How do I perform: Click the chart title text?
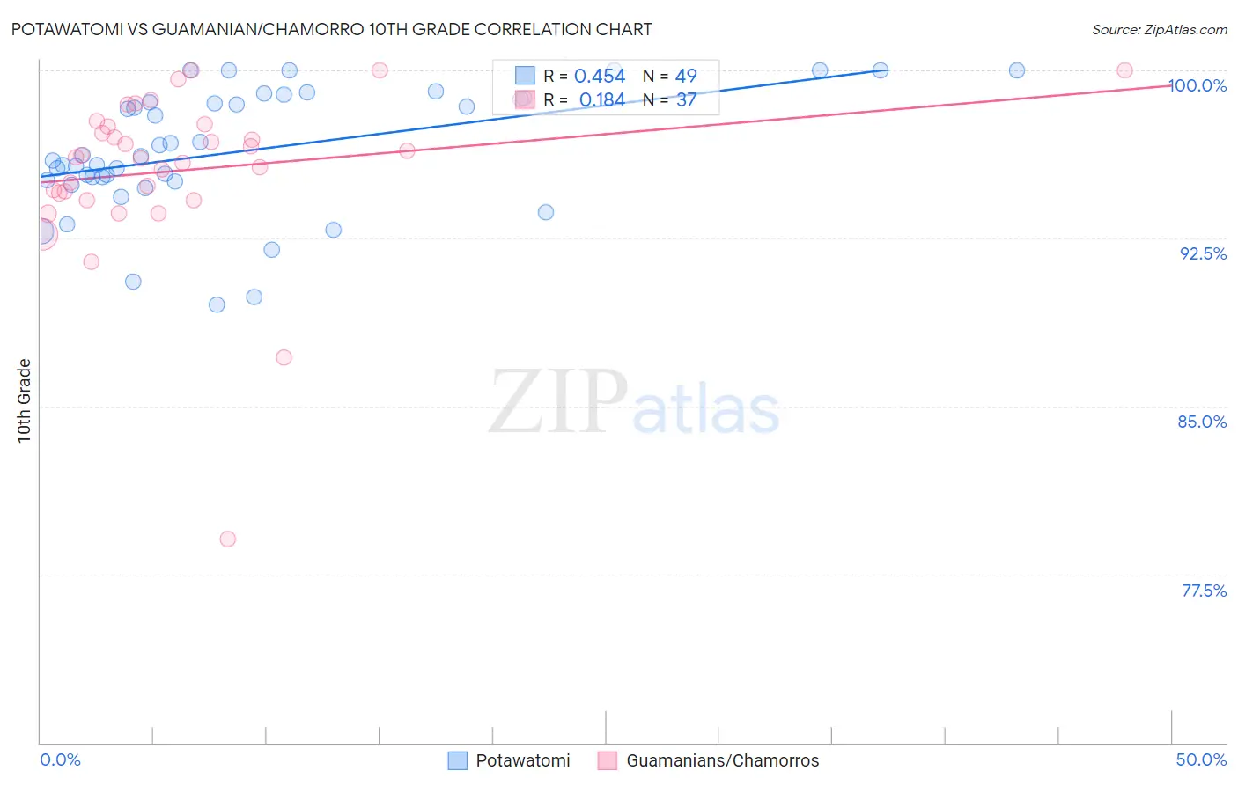331,29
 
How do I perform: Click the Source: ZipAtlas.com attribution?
1159,29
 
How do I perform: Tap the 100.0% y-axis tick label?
1197,85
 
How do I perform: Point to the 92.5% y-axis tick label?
1203,253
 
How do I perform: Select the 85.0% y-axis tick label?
1202,422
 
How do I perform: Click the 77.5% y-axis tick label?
1204,591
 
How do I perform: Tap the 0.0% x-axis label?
60,759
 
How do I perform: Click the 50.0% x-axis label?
1201,759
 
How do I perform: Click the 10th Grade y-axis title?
25,400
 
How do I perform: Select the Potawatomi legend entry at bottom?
510,760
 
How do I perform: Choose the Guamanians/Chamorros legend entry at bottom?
709,760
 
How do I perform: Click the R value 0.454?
600,77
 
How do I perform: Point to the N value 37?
686,100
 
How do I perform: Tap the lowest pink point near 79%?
228,539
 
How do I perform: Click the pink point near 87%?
284,357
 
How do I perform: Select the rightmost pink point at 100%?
1124,70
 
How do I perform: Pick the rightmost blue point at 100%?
1017,70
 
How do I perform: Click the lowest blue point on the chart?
217,304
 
